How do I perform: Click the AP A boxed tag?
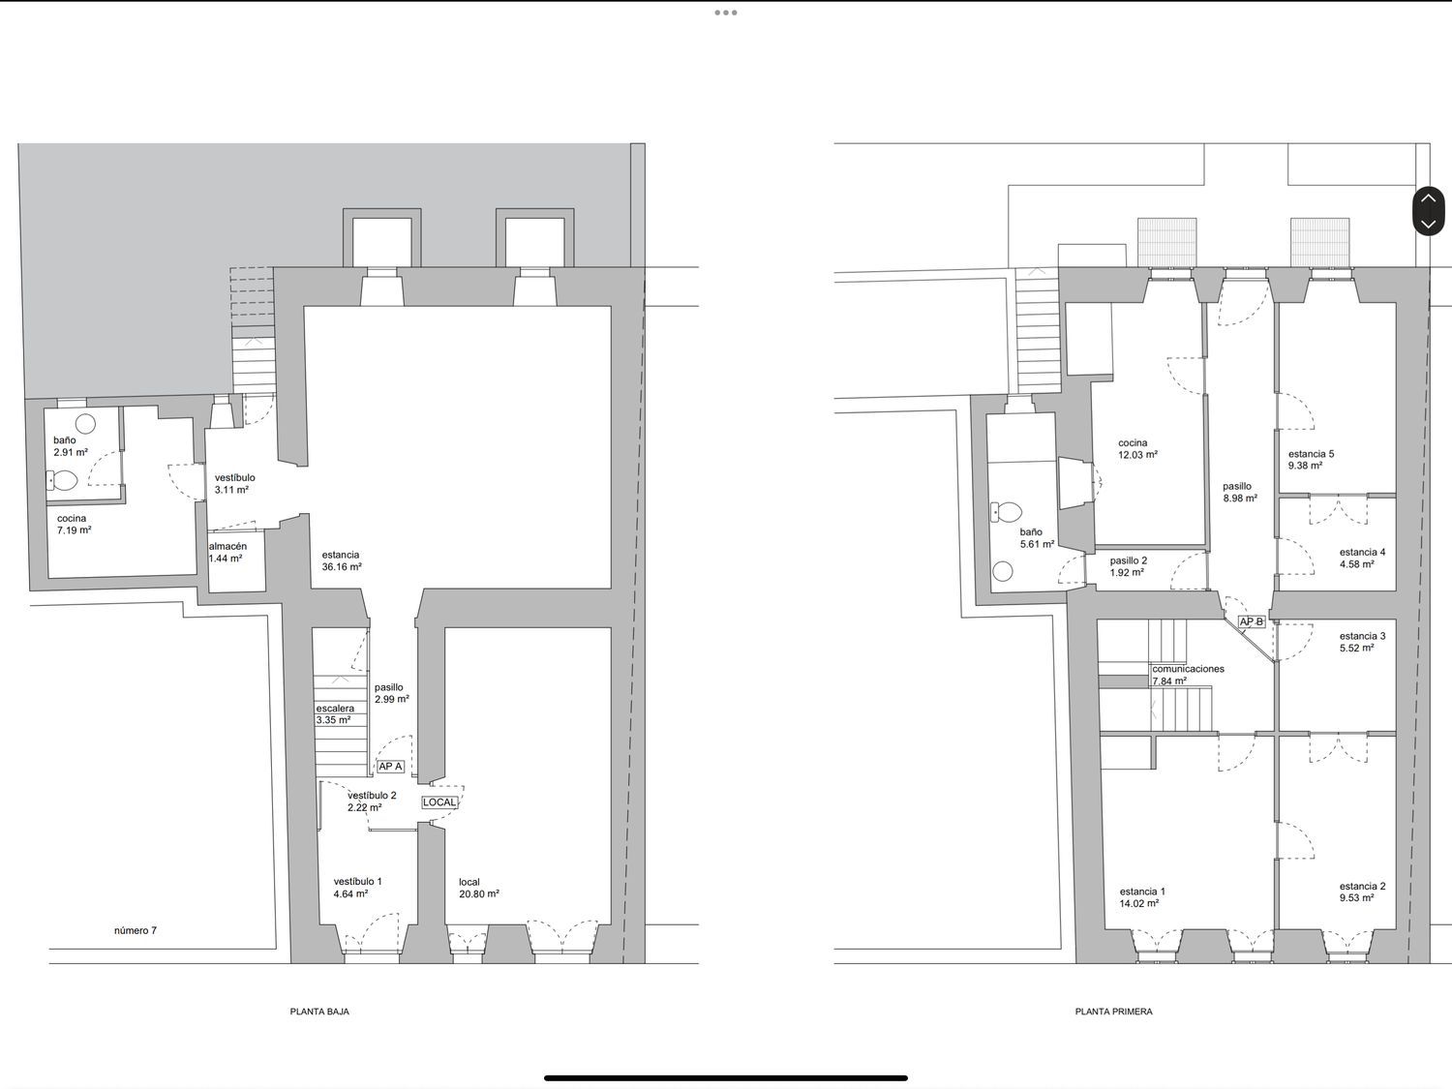(390, 767)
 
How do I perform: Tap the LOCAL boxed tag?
(439, 802)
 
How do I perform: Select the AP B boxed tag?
(1251, 621)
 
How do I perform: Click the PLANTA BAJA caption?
(319, 1011)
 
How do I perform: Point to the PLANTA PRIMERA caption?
(1114, 1011)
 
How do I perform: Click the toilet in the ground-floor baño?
(62, 479)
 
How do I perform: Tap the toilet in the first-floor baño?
(1006, 511)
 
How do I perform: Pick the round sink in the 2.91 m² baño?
(85, 423)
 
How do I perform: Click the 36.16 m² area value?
(342, 566)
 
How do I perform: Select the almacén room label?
(228, 546)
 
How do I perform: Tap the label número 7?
(136, 930)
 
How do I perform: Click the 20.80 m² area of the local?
(479, 893)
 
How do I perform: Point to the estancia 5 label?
(1311, 454)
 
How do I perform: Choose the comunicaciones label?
(1188, 669)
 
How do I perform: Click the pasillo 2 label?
(1129, 560)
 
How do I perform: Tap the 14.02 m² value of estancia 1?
(1139, 903)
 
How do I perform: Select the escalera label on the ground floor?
(335, 709)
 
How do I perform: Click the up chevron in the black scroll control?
(1428, 198)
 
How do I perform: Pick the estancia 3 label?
(1363, 636)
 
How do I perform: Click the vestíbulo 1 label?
(358, 882)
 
